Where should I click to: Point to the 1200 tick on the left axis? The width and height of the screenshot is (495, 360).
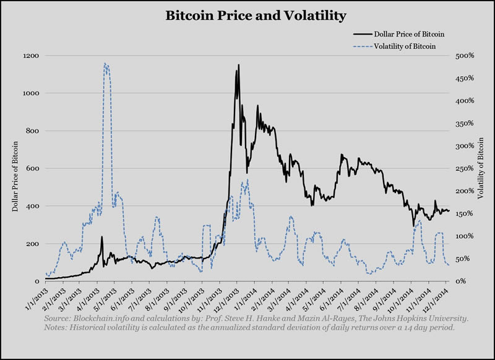click(32, 56)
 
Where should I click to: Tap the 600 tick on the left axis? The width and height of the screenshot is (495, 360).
click(34, 168)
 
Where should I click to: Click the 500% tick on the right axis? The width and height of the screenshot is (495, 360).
click(465, 56)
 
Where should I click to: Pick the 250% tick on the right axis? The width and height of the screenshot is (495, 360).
click(465, 168)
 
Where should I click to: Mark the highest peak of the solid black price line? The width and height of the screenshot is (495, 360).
click(238, 64)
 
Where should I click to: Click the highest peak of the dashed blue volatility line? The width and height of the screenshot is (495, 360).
click(106, 64)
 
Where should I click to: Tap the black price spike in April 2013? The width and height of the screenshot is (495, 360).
click(101, 237)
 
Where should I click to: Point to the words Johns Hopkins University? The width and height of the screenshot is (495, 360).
click(420, 318)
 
